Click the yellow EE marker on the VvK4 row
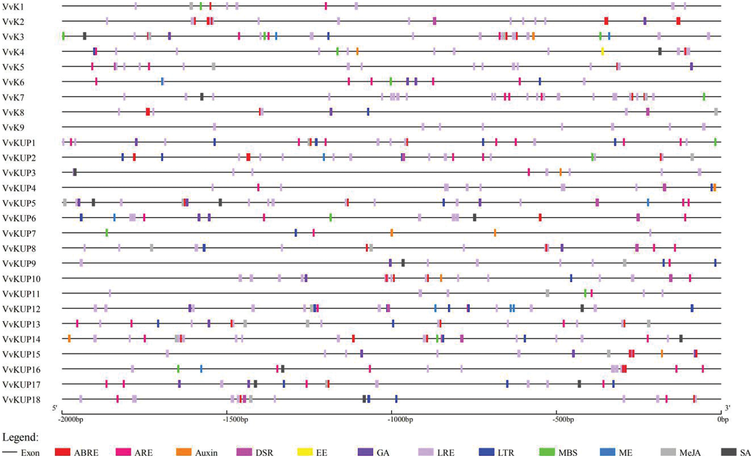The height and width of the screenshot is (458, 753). point(602,51)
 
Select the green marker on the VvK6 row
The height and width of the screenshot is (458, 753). point(391,82)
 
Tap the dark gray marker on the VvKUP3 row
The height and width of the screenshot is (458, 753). point(75,172)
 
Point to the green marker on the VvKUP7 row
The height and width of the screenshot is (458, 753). point(107,233)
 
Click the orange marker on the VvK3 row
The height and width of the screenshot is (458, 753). point(533,36)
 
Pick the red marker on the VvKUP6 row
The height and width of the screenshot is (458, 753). point(540,218)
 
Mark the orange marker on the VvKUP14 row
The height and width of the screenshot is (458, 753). point(69,339)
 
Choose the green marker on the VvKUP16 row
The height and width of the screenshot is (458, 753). point(178,369)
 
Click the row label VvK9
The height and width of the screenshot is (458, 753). point(13,127)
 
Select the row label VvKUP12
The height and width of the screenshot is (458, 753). point(21,309)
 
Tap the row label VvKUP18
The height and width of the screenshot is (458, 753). point(21,400)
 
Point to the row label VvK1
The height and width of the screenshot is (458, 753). point(13,7)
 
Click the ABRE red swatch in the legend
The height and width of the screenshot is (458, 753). point(63,452)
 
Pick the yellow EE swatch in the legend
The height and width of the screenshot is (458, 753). point(305,452)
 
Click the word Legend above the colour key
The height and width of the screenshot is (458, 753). point(20,437)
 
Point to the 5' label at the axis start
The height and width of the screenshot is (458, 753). point(55,408)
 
